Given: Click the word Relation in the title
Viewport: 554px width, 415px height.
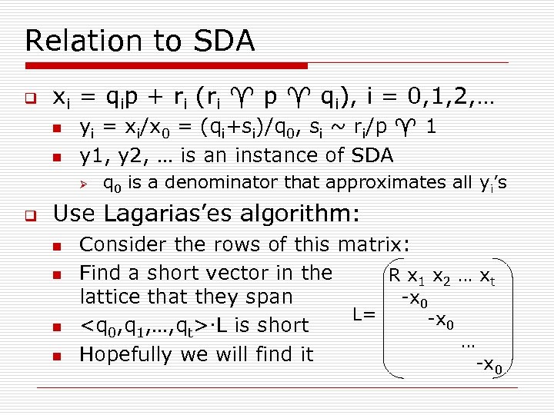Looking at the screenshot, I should click(75, 41).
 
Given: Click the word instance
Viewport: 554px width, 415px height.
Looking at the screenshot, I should click(278, 155).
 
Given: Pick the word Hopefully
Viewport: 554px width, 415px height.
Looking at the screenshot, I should click(126, 354).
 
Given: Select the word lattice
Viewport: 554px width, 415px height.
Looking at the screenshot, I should click(111, 297).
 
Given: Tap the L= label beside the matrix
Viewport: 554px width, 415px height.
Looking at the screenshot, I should click(364, 314).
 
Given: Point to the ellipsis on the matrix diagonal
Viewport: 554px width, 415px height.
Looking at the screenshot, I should click(467, 344).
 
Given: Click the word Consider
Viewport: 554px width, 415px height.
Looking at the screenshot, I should click(123, 245).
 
